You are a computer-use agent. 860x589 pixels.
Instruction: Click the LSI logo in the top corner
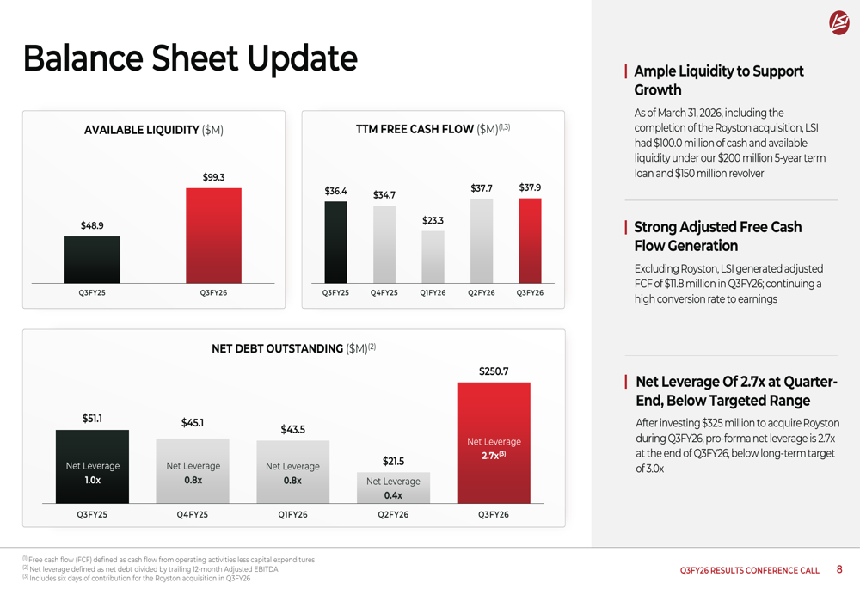838,23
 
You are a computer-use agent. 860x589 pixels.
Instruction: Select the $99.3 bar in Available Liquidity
213,236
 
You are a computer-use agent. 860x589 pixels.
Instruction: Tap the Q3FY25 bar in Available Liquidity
92,260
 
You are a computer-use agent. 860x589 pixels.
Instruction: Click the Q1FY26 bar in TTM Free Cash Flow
433,257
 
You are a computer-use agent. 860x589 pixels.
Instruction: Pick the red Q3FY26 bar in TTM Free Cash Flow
530,241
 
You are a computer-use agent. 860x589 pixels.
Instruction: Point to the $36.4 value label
335,191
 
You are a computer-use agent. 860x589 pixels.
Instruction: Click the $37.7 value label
482,188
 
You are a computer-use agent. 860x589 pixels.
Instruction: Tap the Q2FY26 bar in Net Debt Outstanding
393,488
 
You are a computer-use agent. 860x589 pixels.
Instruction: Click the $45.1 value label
193,422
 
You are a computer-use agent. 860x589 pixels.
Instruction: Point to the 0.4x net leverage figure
393,495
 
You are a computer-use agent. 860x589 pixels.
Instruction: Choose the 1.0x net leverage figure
92,481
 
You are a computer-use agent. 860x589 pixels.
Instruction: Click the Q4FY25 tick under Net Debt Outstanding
193,515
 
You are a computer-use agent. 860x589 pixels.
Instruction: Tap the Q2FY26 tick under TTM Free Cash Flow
482,293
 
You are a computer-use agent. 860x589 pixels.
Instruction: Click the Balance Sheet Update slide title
190,58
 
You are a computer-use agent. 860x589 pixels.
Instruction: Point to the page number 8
839,569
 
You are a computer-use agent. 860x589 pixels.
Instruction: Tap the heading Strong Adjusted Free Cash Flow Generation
718,236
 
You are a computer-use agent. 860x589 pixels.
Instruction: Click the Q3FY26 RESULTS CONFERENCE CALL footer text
749,570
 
